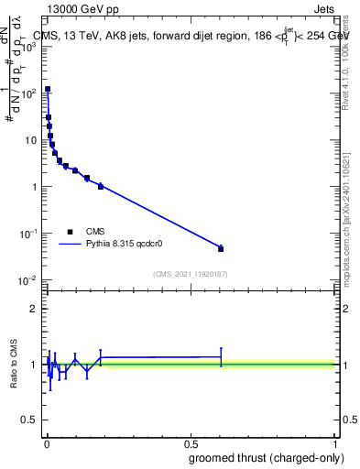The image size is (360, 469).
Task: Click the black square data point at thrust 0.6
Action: (x=221, y=248)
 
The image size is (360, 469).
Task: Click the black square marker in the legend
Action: (x=70, y=232)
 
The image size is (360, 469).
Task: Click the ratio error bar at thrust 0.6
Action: (x=221, y=356)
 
